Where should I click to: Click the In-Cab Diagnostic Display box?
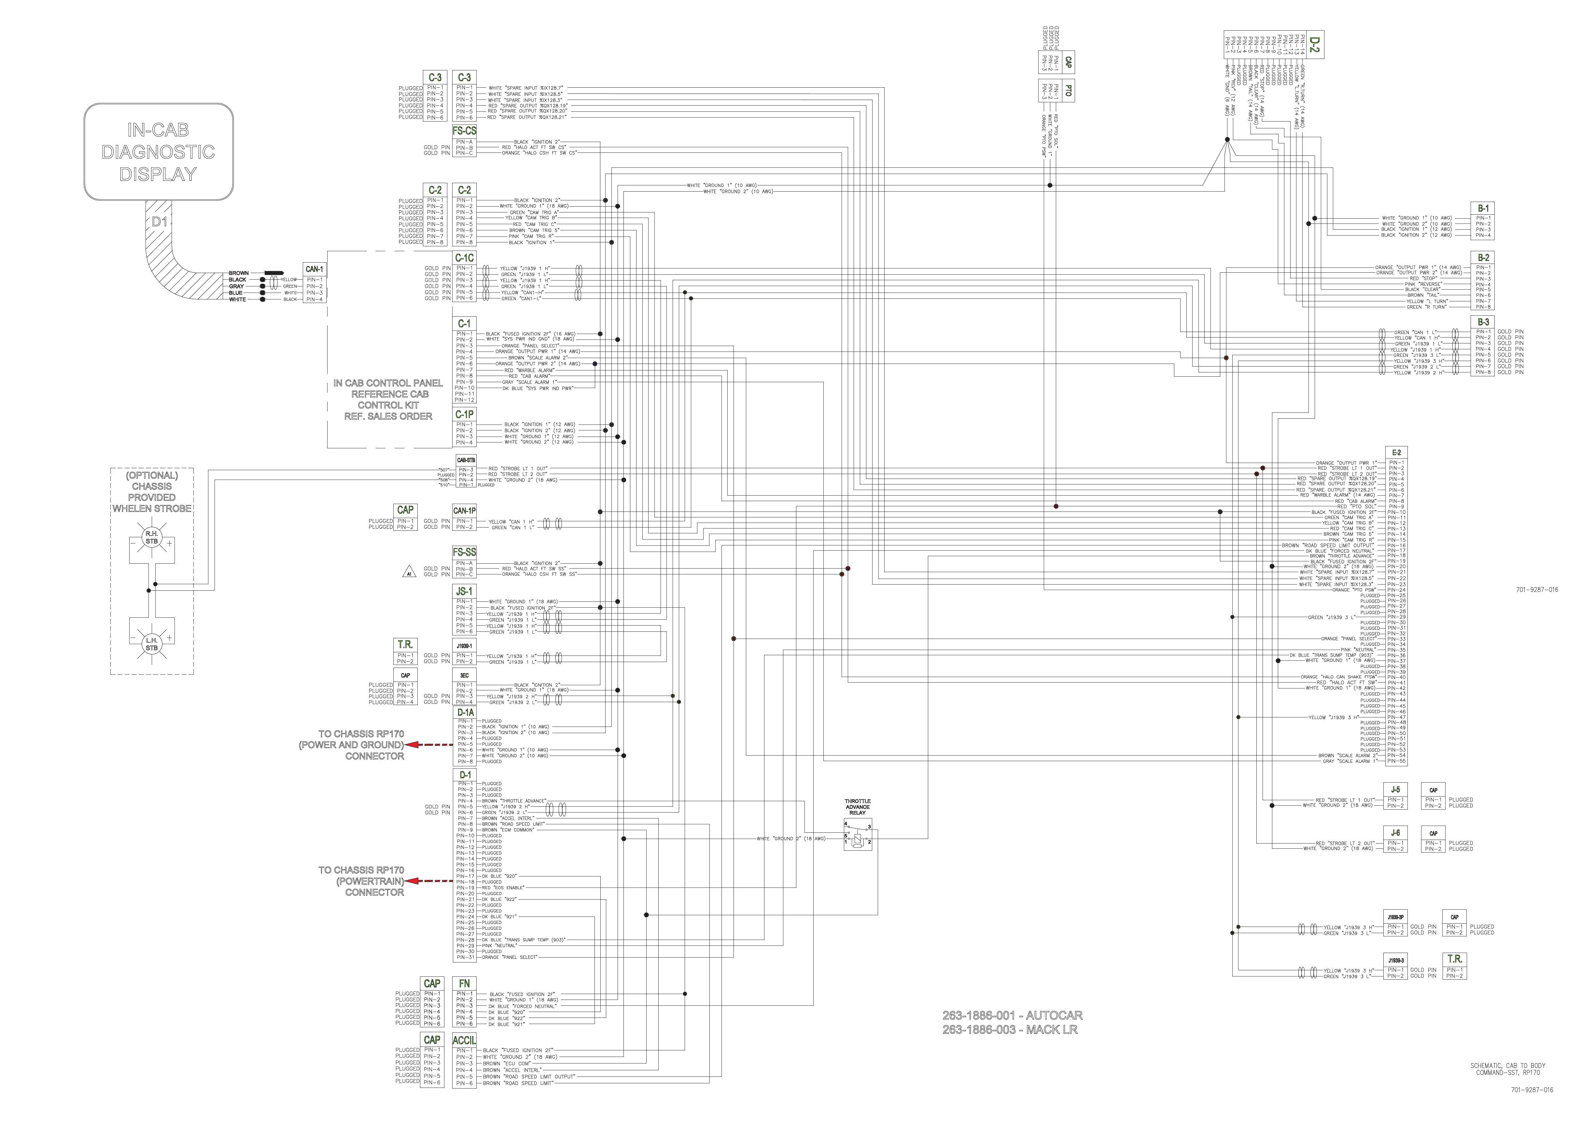(158, 152)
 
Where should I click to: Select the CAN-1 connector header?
(314, 269)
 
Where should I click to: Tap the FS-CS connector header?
(465, 131)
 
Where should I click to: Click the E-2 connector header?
(1396, 452)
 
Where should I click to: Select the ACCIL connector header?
(465, 1040)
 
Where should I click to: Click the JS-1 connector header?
(465, 591)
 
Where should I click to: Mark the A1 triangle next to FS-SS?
(408, 573)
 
